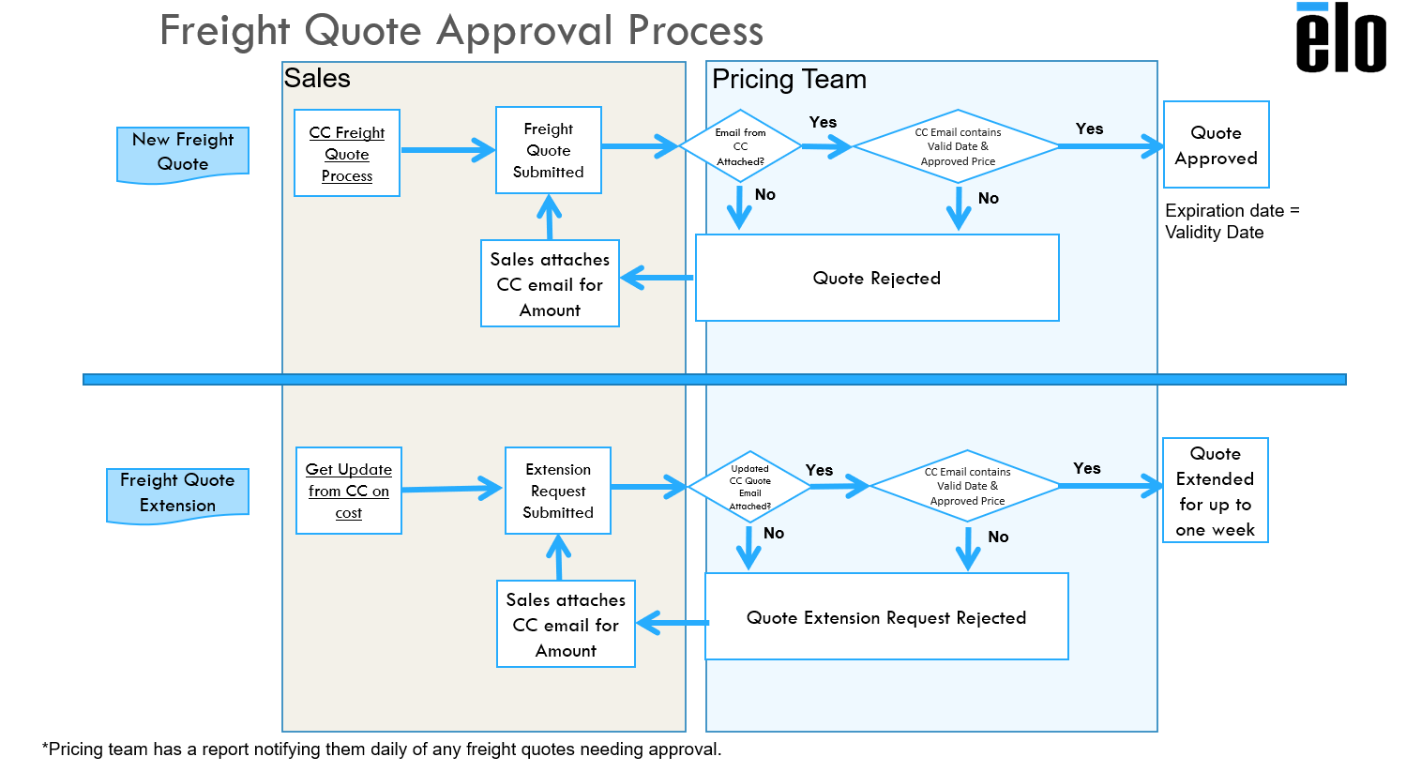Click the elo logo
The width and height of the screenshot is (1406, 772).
1340,39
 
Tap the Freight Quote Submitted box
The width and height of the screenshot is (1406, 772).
549,150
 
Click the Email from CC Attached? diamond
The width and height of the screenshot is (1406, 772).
740,146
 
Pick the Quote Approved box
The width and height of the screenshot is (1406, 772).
1216,145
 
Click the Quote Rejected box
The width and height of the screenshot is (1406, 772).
877,278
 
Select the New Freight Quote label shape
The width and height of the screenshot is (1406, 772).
183,152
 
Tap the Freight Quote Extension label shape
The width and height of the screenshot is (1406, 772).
177,492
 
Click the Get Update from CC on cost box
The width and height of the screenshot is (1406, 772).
349,491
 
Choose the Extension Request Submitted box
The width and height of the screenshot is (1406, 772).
558,491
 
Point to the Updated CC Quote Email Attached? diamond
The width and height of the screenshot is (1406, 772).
749,487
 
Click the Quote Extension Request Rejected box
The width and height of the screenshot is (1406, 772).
886,617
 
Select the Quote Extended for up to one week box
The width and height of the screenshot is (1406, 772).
1216,491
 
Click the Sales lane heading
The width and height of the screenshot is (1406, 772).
317,79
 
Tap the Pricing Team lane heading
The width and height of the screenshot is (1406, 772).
789,80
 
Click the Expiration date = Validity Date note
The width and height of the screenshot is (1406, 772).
1232,221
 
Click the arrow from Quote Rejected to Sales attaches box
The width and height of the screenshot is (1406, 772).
657,278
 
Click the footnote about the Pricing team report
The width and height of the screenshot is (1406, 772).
382,749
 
